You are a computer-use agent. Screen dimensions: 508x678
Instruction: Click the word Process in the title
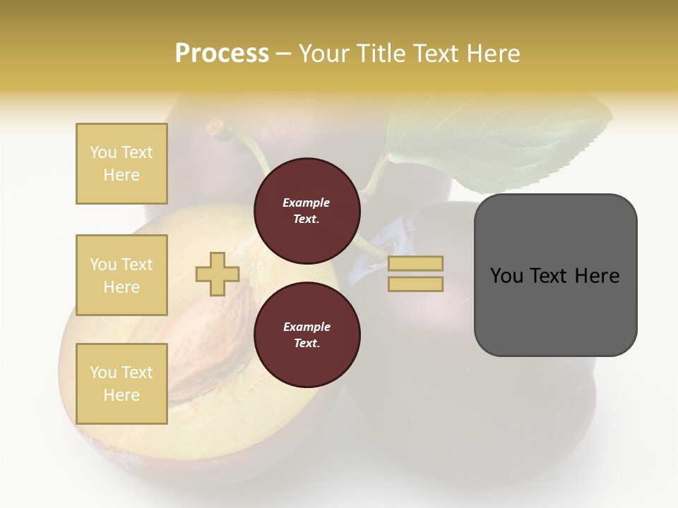(222, 54)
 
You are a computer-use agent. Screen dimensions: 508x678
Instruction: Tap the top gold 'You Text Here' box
(121, 164)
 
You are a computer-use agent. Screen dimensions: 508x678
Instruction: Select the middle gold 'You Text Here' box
(121, 275)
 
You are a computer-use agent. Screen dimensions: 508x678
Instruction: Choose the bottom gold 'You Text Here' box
(121, 384)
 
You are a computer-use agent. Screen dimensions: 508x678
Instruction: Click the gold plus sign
(218, 274)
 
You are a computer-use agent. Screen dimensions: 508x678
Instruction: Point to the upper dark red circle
(307, 211)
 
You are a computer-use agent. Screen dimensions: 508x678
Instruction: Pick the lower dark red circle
(307, 335)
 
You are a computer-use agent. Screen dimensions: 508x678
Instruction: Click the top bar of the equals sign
(416, 264)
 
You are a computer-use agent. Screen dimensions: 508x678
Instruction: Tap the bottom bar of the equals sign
(416, 284)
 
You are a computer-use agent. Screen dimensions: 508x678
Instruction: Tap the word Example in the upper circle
(306, 202)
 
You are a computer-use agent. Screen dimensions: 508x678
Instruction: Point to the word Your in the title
(325, 54)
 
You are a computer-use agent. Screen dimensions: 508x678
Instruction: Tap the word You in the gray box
(506, 276)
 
